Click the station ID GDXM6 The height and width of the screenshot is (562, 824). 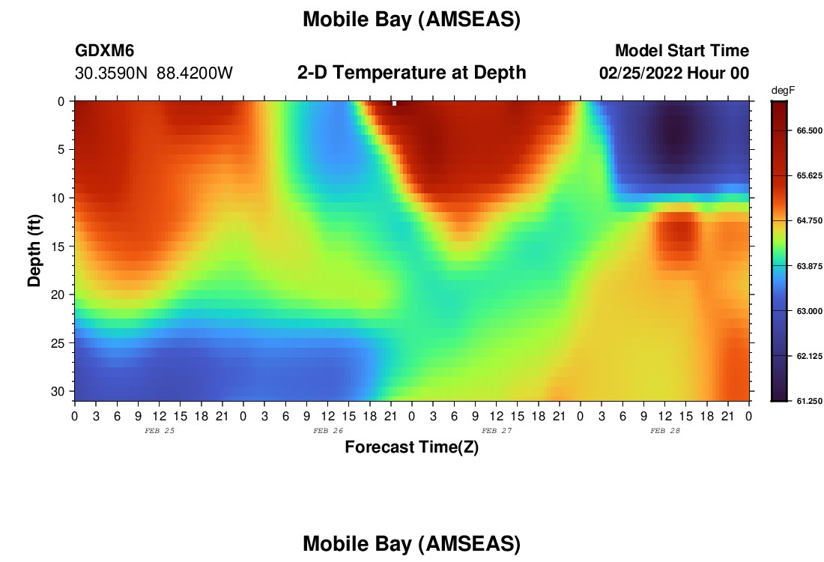pyautogui.click(x=105, y=50)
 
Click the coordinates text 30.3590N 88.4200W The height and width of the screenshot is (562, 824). pyautogui.click(x=154, y=73)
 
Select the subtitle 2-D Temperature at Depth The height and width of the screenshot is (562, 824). pyautogui.click(x=411, y=73)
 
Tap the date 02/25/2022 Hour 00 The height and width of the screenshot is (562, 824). pyautogui.click(x=674, y=73)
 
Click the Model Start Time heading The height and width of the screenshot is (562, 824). pyautogui.click(x=682, y=50)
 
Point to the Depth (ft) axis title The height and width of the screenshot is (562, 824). pyautogui.click(x=34, y=251)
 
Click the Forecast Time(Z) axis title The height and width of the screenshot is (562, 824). pyautogui.click(x=411, y=447)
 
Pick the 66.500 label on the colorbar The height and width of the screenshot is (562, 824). pyautogui.click(x=809, y=130)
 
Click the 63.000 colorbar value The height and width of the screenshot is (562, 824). pyautogui.click(x=809, y=311)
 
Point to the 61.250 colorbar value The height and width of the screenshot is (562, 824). pyautogui.click(x=809, y=401)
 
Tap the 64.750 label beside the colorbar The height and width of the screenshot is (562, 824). pyautogui.click(x=809, y=221)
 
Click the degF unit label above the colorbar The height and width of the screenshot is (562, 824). pyautogui.click(x=783, y=91)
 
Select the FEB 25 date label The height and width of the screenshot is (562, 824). pyautogui.click(x=160, y=431)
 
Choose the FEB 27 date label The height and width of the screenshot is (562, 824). pyautogui.click(x=497, y=431)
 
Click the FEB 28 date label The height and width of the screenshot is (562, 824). pyautogui.click(x=665, y=431)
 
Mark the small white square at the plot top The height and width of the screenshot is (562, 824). pyautogui.click(x=395, y=103)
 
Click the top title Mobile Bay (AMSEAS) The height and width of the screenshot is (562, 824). pyautogui.click(x=411, y=19)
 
